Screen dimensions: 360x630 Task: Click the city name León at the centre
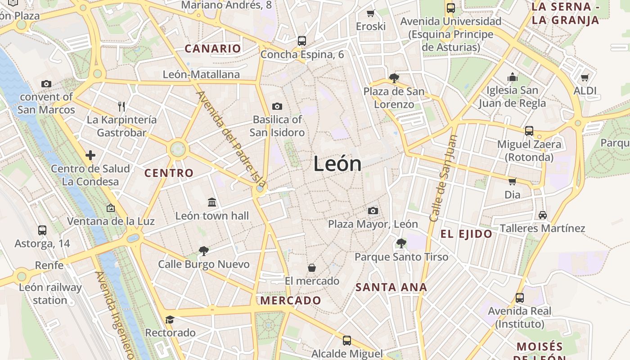coord(337,164)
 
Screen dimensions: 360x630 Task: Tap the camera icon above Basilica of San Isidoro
coord(277,107)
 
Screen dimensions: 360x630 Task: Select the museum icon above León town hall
coord(212,202)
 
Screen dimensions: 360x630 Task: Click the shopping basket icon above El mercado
coord(312,268)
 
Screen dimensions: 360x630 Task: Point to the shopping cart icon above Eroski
coord(371,13)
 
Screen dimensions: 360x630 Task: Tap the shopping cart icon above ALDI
coord(585,78)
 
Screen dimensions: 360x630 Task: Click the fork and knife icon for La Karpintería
coord(121,107)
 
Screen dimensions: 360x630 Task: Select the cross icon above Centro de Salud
coord(90,155)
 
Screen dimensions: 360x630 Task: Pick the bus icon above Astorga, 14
coord(42,230)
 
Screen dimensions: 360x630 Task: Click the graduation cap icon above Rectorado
coord(170,320)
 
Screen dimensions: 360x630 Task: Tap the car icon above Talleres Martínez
coord(543,215)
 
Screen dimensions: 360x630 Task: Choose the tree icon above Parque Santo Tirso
coord(401,243)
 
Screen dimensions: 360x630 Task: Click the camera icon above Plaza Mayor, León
coord(373,211)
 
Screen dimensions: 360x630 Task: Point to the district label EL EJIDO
coord(466,234)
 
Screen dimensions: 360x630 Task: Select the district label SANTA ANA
coord(391,287)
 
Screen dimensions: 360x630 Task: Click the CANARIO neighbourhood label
coord(213,49)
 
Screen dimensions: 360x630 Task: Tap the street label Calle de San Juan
coord(444,179)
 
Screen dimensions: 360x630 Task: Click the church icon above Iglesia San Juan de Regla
coord(513,77)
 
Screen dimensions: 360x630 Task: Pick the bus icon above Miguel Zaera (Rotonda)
coord(529,131)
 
